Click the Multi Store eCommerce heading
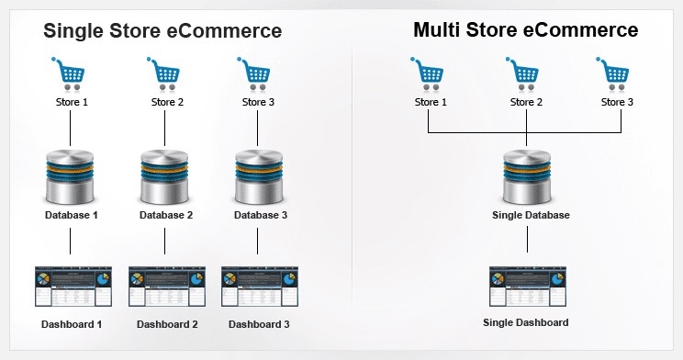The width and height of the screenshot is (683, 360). coord(525,30)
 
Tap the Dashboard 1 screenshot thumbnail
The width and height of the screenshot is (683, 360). coord(73,286)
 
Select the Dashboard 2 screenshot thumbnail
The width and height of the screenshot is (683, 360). coord(166,286)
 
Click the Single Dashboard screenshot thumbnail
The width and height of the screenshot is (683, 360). coord(526,286)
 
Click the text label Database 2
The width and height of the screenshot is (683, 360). coord(165,216)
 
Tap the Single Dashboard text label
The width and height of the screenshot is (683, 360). coord(526,323)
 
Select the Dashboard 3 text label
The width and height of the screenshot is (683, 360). coord(260,324)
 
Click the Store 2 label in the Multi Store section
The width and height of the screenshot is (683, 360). coord(526,102)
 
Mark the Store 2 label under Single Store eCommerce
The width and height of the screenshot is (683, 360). coord(167,102)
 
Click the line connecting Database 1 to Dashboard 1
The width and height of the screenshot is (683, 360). coord(71,242)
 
